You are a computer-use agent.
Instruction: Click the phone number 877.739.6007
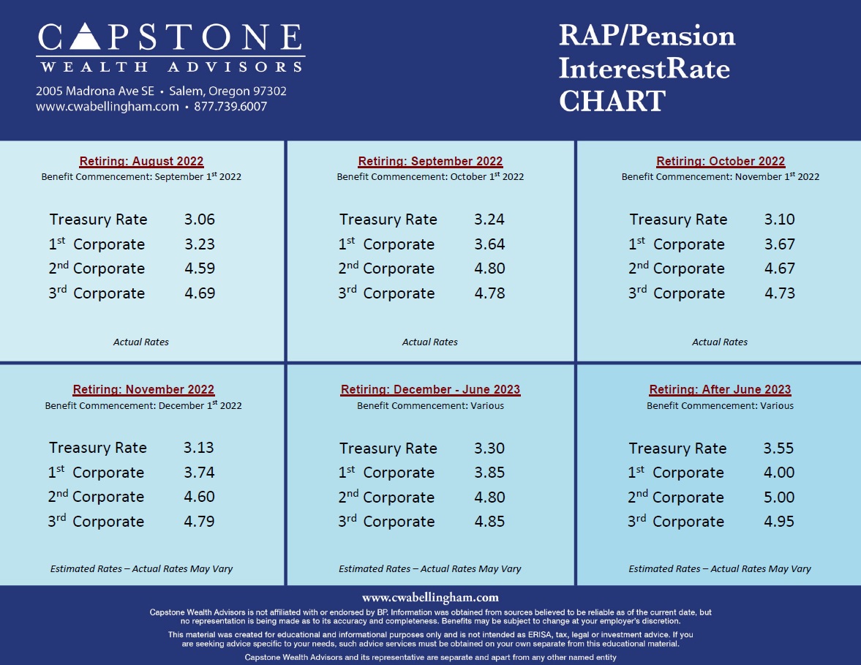click(x=230, y=107)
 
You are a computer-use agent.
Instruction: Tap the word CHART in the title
click(x=612, y=101)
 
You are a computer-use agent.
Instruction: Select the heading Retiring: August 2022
click(x=141, y=162)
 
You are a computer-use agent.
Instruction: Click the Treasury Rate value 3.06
click(x=200, y=219)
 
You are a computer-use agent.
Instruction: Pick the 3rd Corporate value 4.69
click(x=200, y=293)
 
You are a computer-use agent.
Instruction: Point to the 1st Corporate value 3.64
click(x=489, y=244)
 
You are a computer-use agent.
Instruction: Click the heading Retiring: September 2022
click(x=430, y=162)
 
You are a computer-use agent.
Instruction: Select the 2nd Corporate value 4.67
click(x=779, y=268)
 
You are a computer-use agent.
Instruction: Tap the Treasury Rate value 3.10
click(x=779, y=219)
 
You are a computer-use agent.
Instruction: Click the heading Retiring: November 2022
click(x=143, y=390)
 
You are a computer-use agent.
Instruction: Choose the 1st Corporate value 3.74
click(x=199, y=473)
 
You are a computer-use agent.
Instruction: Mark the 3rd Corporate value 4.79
click(x=199, y=522)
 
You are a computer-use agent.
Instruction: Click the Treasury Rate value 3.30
click(x=489, y=448)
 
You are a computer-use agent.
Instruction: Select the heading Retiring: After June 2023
click(x=720, y=390)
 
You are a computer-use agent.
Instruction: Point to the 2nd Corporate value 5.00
click(x=779, y=497)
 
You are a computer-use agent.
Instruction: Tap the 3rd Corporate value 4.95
click(x=779, y=522)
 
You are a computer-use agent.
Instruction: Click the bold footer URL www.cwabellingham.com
click(x=430, y=598)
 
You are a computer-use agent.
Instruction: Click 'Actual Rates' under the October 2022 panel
click(x=720, y=342)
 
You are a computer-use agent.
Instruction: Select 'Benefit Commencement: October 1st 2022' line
click(x=430, y=177)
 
